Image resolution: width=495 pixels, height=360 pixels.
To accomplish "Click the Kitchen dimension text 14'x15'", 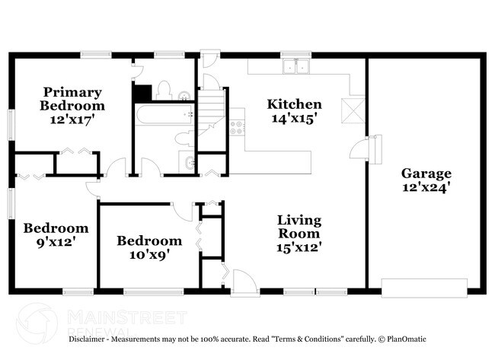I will [x=293, y=118].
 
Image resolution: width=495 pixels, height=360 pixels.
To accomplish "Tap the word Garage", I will [x=426, y=173].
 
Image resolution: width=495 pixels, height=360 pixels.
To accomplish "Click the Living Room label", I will [x=299, y=227].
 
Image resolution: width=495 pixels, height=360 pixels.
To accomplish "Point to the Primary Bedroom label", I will [x=72, y=99].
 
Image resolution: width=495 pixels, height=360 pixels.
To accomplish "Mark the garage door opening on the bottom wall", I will [x=424, y=287].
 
